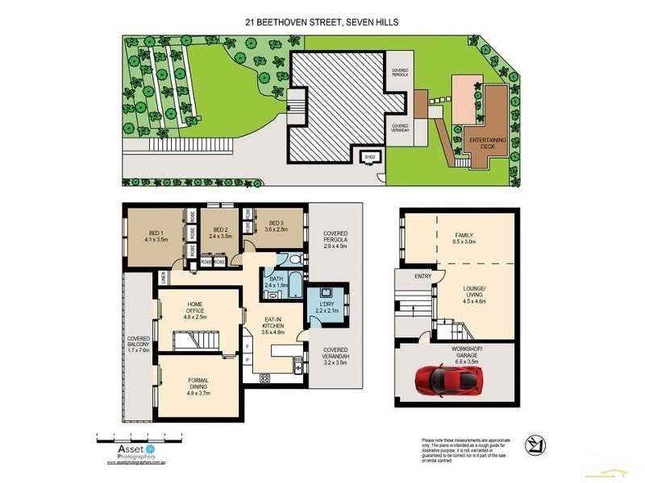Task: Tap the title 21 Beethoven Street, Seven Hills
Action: pyautogui.click(x=322, y=23)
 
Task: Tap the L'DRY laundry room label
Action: pyautogui.click(x=326, y=307)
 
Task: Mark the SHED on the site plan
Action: pyautogui.click(x=370, y=157)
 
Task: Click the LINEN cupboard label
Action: pyautogui.click(x=163, y=278)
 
